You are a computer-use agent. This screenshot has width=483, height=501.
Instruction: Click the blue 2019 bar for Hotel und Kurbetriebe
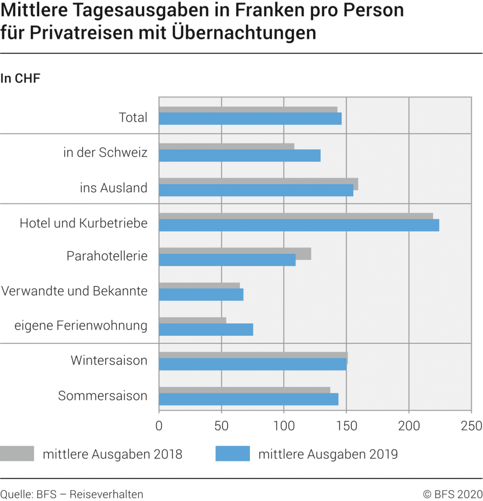pos(299,225)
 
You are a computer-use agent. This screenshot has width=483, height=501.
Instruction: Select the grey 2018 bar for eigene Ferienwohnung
pos(192,320)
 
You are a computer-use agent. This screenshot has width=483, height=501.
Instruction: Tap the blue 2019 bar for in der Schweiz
pos(239,155)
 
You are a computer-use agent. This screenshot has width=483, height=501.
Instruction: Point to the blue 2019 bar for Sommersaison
pos(248,399)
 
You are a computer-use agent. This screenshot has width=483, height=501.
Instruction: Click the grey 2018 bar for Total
pos(248,110)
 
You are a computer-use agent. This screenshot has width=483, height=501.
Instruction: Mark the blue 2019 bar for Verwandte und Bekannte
pos(201,295)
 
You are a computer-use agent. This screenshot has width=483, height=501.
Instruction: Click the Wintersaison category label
pos(109,361)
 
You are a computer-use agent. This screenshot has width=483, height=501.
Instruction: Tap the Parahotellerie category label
pos(107,256)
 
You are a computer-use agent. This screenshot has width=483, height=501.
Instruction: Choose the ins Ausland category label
pos(114,187)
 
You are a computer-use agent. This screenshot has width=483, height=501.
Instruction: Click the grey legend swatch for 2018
pos(17,454)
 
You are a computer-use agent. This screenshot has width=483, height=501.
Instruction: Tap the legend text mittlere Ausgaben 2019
pos(328,454)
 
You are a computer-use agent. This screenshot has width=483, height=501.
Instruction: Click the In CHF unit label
pos(20,78)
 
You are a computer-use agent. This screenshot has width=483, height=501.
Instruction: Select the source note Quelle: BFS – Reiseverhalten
pos(72,494)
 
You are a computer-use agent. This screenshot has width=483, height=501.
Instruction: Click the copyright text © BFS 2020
pos(453,494)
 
